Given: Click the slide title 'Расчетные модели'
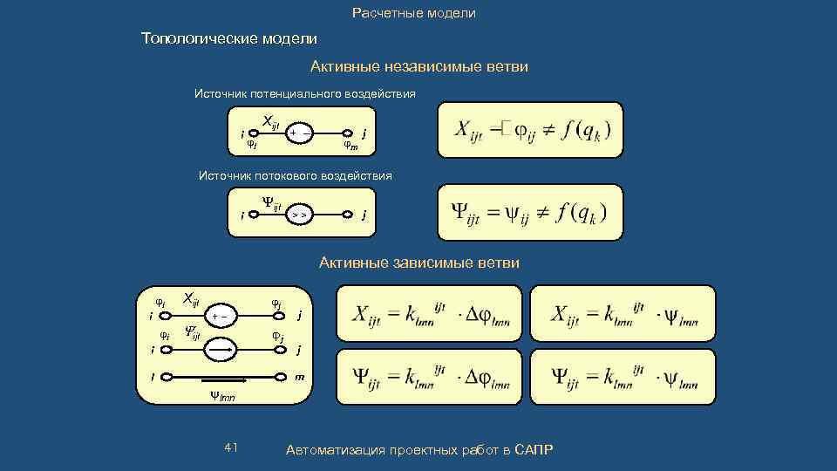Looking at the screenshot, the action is pos(414,13).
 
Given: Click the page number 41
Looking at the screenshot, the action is pos(231,447).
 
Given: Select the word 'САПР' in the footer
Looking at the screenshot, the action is pos(534,449).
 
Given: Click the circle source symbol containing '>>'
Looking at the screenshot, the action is pos(299,214).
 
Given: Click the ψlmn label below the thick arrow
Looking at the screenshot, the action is pos(221,398).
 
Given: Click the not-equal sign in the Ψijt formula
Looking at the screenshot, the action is pos(541,212).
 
